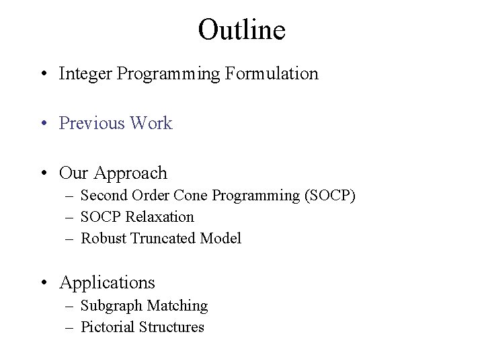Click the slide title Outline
coord(242,30)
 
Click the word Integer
coord(85,73)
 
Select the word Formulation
coord(272,73)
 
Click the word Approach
coord(129,173)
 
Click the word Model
coord(221,238)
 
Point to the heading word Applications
coord(107,283)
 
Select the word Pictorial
coord(108,327)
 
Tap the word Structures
coord(171,327)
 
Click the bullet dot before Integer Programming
coord(44,75)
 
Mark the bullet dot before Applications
coord(44,284)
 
